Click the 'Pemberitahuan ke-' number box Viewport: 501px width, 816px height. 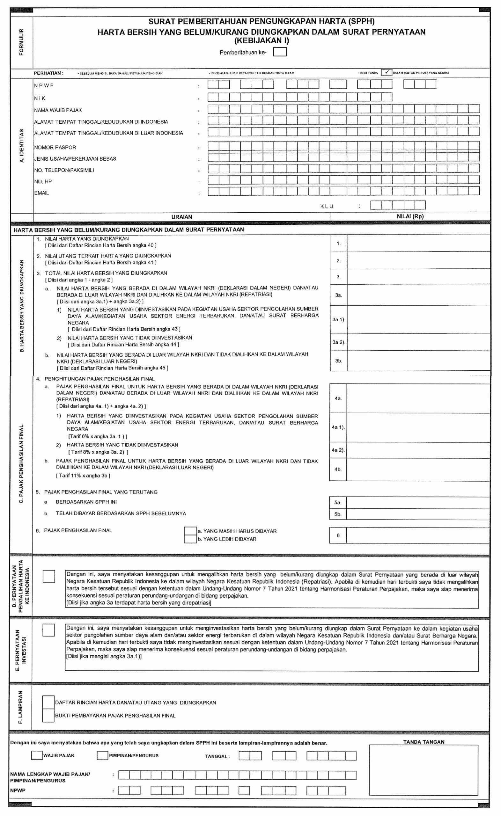click(x=280, y=52)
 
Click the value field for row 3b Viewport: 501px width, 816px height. click(x=418, y=361)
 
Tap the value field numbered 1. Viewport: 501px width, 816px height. click(x=418, y=244)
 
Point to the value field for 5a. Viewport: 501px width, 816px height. click(x=417, y=502)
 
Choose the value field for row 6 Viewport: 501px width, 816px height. click(x=417, y=535)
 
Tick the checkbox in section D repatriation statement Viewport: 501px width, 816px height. click(x=49, y=576)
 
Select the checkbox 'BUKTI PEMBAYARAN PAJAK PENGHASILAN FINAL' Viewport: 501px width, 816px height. click(x=48, y=715)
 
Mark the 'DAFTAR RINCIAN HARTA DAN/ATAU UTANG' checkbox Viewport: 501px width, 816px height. click(x=48, y=703)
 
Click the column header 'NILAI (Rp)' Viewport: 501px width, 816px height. click(x=410, y=216)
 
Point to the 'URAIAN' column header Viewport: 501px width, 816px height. click(x=181, y=217)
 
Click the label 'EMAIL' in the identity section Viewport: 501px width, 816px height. click(x=41, y=193)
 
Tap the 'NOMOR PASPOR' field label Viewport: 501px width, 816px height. click(x=55, y=147)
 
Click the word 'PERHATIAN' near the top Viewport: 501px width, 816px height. click(x=48, y=73)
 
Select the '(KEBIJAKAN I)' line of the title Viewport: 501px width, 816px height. click(x=262, y=41)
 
